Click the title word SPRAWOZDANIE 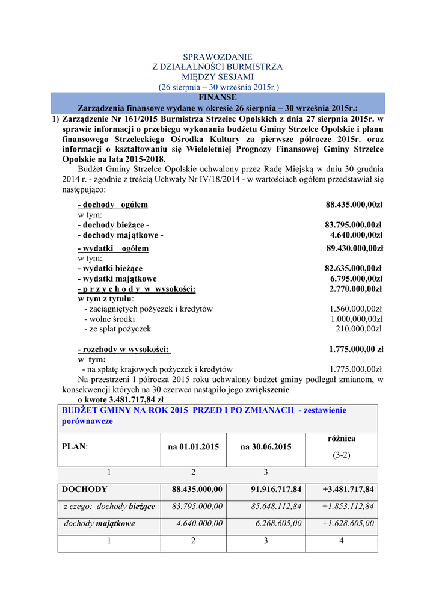(x=218, y=57)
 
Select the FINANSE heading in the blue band (x=217, y=97)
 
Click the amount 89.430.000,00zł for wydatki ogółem (x=355, y=248)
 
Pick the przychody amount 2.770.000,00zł (x=357, y=289)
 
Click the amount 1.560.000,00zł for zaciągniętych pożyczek (x=357, y=309)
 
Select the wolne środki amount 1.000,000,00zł (x=357, y=319)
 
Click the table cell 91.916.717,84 (x=276, y=489)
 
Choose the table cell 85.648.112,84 (x=276, y=507)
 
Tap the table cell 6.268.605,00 (x=278, y=523)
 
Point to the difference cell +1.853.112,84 (x=348, y=507)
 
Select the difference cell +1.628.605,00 (x=348, y=523)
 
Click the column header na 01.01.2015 (x=194, y=447)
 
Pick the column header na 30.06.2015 (x=266, y=447)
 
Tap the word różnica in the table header (x=342, y=439)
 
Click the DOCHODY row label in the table (x=85, y=489)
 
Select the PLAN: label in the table (x=75, y=447)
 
